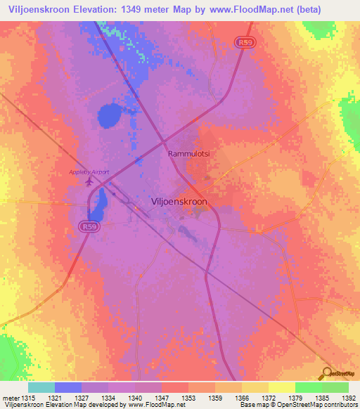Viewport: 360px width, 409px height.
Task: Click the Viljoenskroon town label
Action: tap(179, 201)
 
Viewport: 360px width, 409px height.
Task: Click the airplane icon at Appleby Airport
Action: tap(89, 183)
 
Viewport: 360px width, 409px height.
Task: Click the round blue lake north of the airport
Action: tap(109, 115)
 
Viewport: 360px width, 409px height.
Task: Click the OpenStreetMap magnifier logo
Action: tap(326, 373)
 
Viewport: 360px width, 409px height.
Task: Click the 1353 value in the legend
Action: tap(189, 398)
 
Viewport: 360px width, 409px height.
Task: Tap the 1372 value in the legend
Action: tap(268, 398)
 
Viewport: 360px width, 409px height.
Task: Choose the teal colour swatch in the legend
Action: tap(41, 387)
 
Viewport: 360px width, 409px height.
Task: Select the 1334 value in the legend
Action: tap(110, 398)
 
